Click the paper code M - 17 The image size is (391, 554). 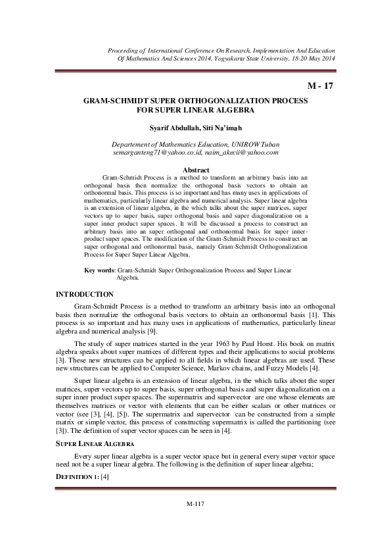(320, 86)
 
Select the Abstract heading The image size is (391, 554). (195, 170)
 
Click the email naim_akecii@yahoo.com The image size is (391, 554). (241, 152)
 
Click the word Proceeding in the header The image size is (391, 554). (127, 50)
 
